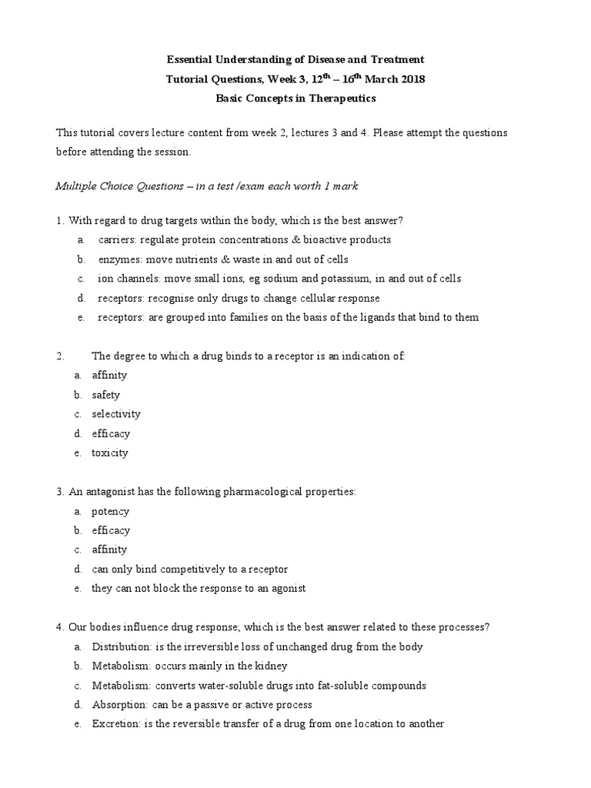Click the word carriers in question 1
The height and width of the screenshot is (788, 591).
[115, 240]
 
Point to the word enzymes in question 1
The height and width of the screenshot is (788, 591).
[118, 259]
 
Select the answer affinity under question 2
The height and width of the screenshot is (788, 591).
[109, 376]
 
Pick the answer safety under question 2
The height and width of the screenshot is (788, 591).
[106, 395]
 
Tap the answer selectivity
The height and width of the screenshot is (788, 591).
[116, 414]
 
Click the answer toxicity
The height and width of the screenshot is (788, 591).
[110, 452]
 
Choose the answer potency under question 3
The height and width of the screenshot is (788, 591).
[111, 511]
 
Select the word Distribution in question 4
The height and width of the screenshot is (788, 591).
[118, 647]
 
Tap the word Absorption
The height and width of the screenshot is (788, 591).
[116, 705]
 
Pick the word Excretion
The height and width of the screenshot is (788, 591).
[114, 724]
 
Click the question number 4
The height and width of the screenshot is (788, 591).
[59, 627]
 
